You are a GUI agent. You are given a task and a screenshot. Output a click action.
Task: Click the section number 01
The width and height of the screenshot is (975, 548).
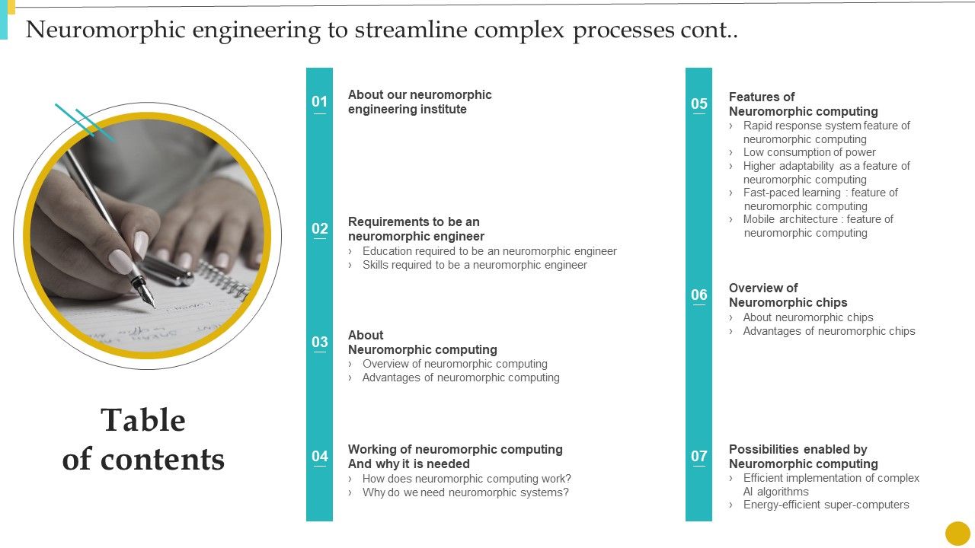click(319, 101)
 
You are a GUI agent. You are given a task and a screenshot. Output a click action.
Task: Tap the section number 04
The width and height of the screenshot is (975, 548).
click(319, 456)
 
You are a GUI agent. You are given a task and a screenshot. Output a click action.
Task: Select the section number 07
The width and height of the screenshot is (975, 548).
click(698, 456)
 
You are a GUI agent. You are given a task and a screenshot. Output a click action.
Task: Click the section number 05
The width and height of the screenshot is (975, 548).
click(698, 104)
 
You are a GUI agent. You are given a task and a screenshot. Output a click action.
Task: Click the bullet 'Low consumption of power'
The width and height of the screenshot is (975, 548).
click(809, 152)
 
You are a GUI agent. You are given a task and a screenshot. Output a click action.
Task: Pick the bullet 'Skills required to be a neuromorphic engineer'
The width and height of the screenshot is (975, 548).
click(475, 265)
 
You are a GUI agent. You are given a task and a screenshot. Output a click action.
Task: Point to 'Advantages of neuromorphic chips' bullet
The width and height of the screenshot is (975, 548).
click(829, 331)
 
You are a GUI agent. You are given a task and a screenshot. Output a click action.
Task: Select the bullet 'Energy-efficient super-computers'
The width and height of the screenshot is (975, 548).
click(826, 505)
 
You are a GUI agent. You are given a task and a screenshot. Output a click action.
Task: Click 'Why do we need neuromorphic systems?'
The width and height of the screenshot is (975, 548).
click(465, 492)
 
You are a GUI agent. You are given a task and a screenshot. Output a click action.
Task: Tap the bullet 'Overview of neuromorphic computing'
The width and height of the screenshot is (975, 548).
click(455, 364)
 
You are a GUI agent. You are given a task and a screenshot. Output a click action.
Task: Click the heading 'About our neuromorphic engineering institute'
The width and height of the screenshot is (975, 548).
click(420, 102)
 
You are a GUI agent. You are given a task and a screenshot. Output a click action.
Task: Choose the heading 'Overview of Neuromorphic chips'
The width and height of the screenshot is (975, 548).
click(788, 295)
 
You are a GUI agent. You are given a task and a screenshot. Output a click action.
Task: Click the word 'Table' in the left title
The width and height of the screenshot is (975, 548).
click(143, 420)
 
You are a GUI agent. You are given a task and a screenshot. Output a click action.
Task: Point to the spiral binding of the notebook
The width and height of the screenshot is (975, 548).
click(225, 279)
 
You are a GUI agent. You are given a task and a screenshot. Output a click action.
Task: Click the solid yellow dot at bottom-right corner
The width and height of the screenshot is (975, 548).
click(957, 533)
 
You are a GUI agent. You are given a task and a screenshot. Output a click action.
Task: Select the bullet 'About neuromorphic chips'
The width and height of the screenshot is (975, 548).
click(807, 317)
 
